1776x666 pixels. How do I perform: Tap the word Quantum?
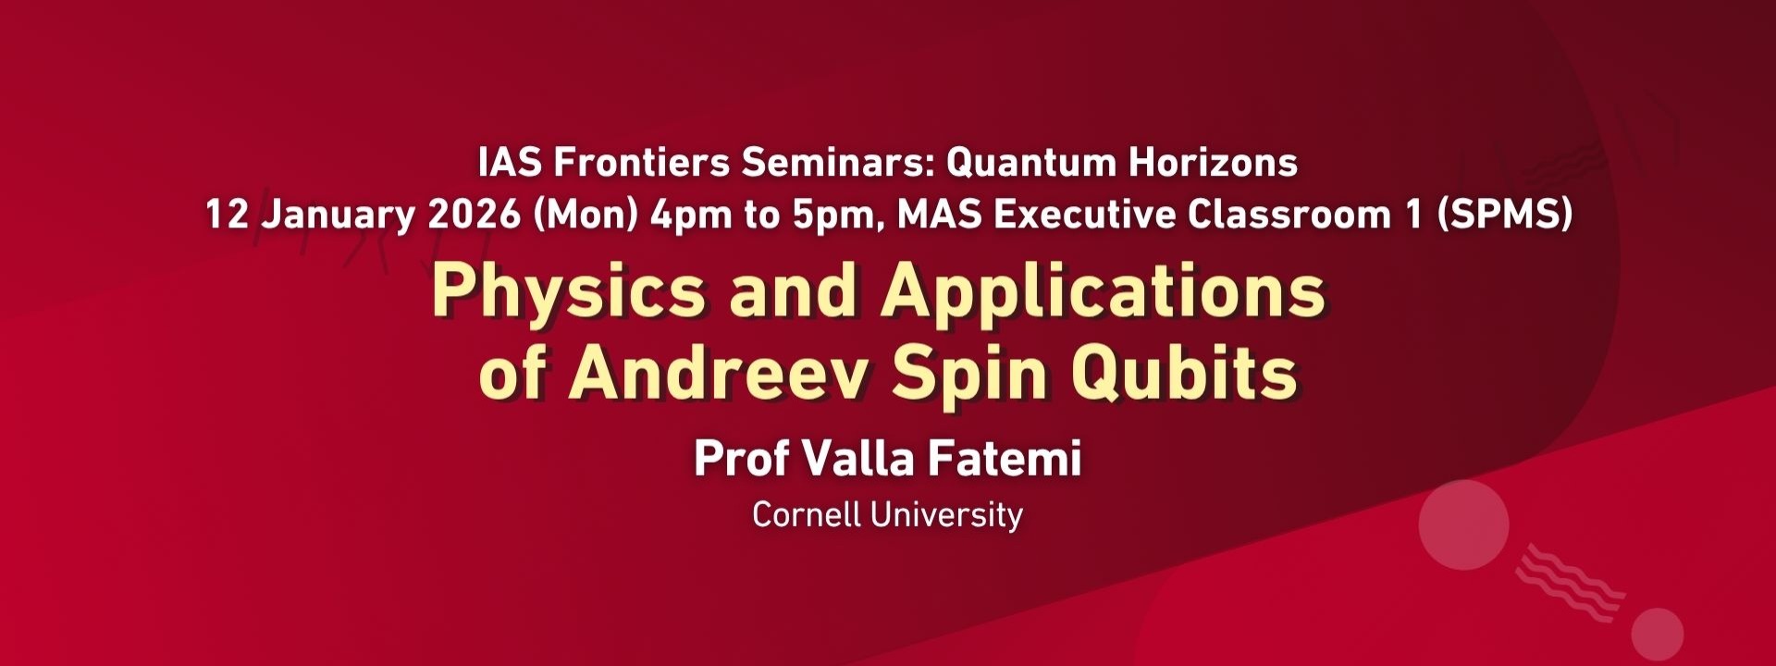(1030, 164)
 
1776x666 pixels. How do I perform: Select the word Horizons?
(1213, 163)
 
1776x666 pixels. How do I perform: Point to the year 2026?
(475, 215)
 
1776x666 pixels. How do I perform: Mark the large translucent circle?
(1463, 524)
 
